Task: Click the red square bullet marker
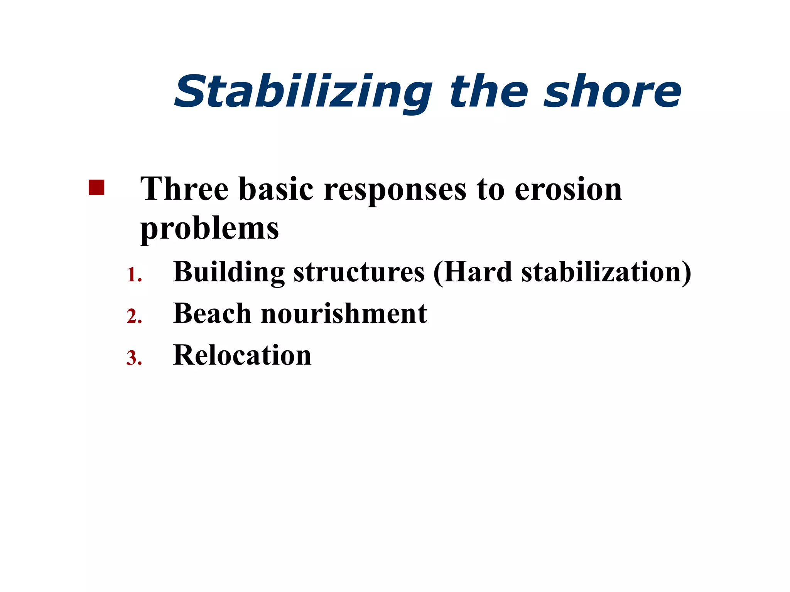point(96,188)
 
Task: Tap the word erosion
point(568,190)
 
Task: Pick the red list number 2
point(133,317)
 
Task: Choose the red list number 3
point(133,358)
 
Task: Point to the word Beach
point(212,313)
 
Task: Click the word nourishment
point(344,313)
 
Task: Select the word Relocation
point(242,355)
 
